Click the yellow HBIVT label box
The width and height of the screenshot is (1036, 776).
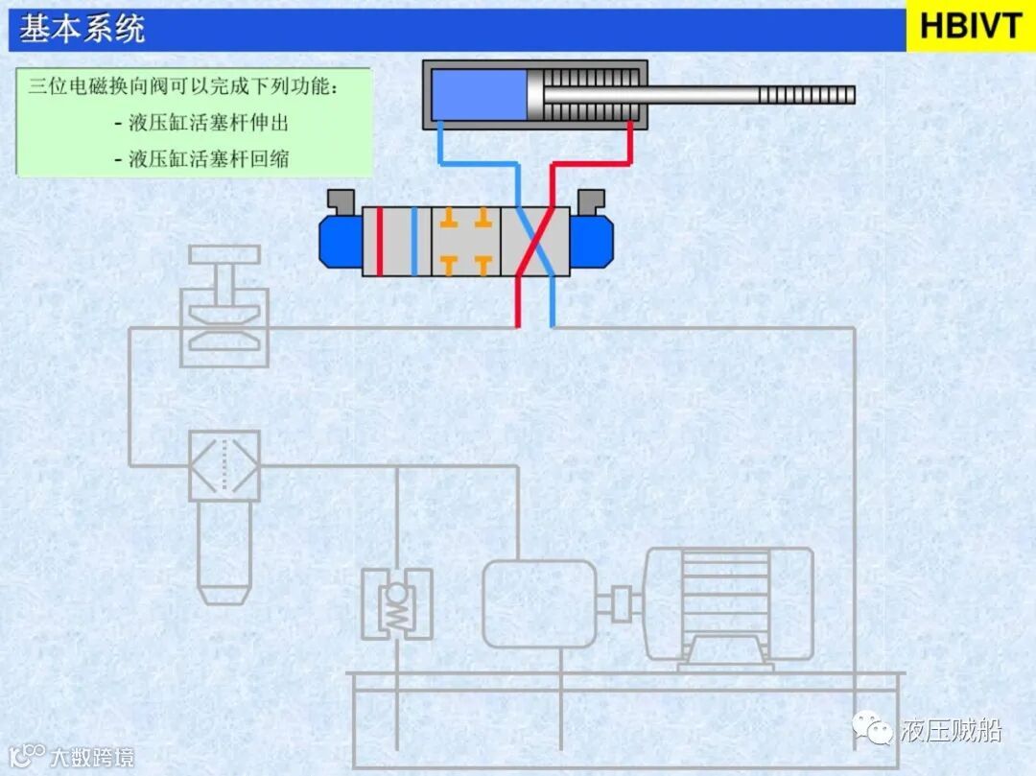970,26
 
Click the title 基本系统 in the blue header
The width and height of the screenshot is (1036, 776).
82,28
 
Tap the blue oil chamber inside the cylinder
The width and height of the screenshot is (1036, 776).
478,95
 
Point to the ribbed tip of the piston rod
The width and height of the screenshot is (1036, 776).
806,95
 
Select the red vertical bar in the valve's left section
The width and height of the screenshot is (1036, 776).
380,241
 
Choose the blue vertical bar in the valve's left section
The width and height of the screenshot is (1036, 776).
414,241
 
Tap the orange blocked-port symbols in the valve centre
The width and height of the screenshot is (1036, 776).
466,241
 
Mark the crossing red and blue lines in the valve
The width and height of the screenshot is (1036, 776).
535,241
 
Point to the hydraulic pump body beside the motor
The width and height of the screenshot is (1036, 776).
538,603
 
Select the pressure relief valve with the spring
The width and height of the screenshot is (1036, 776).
396,603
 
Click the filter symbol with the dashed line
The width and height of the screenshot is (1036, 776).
224,465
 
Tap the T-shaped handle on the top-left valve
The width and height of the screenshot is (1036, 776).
224,256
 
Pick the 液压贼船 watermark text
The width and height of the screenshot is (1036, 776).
951,731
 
